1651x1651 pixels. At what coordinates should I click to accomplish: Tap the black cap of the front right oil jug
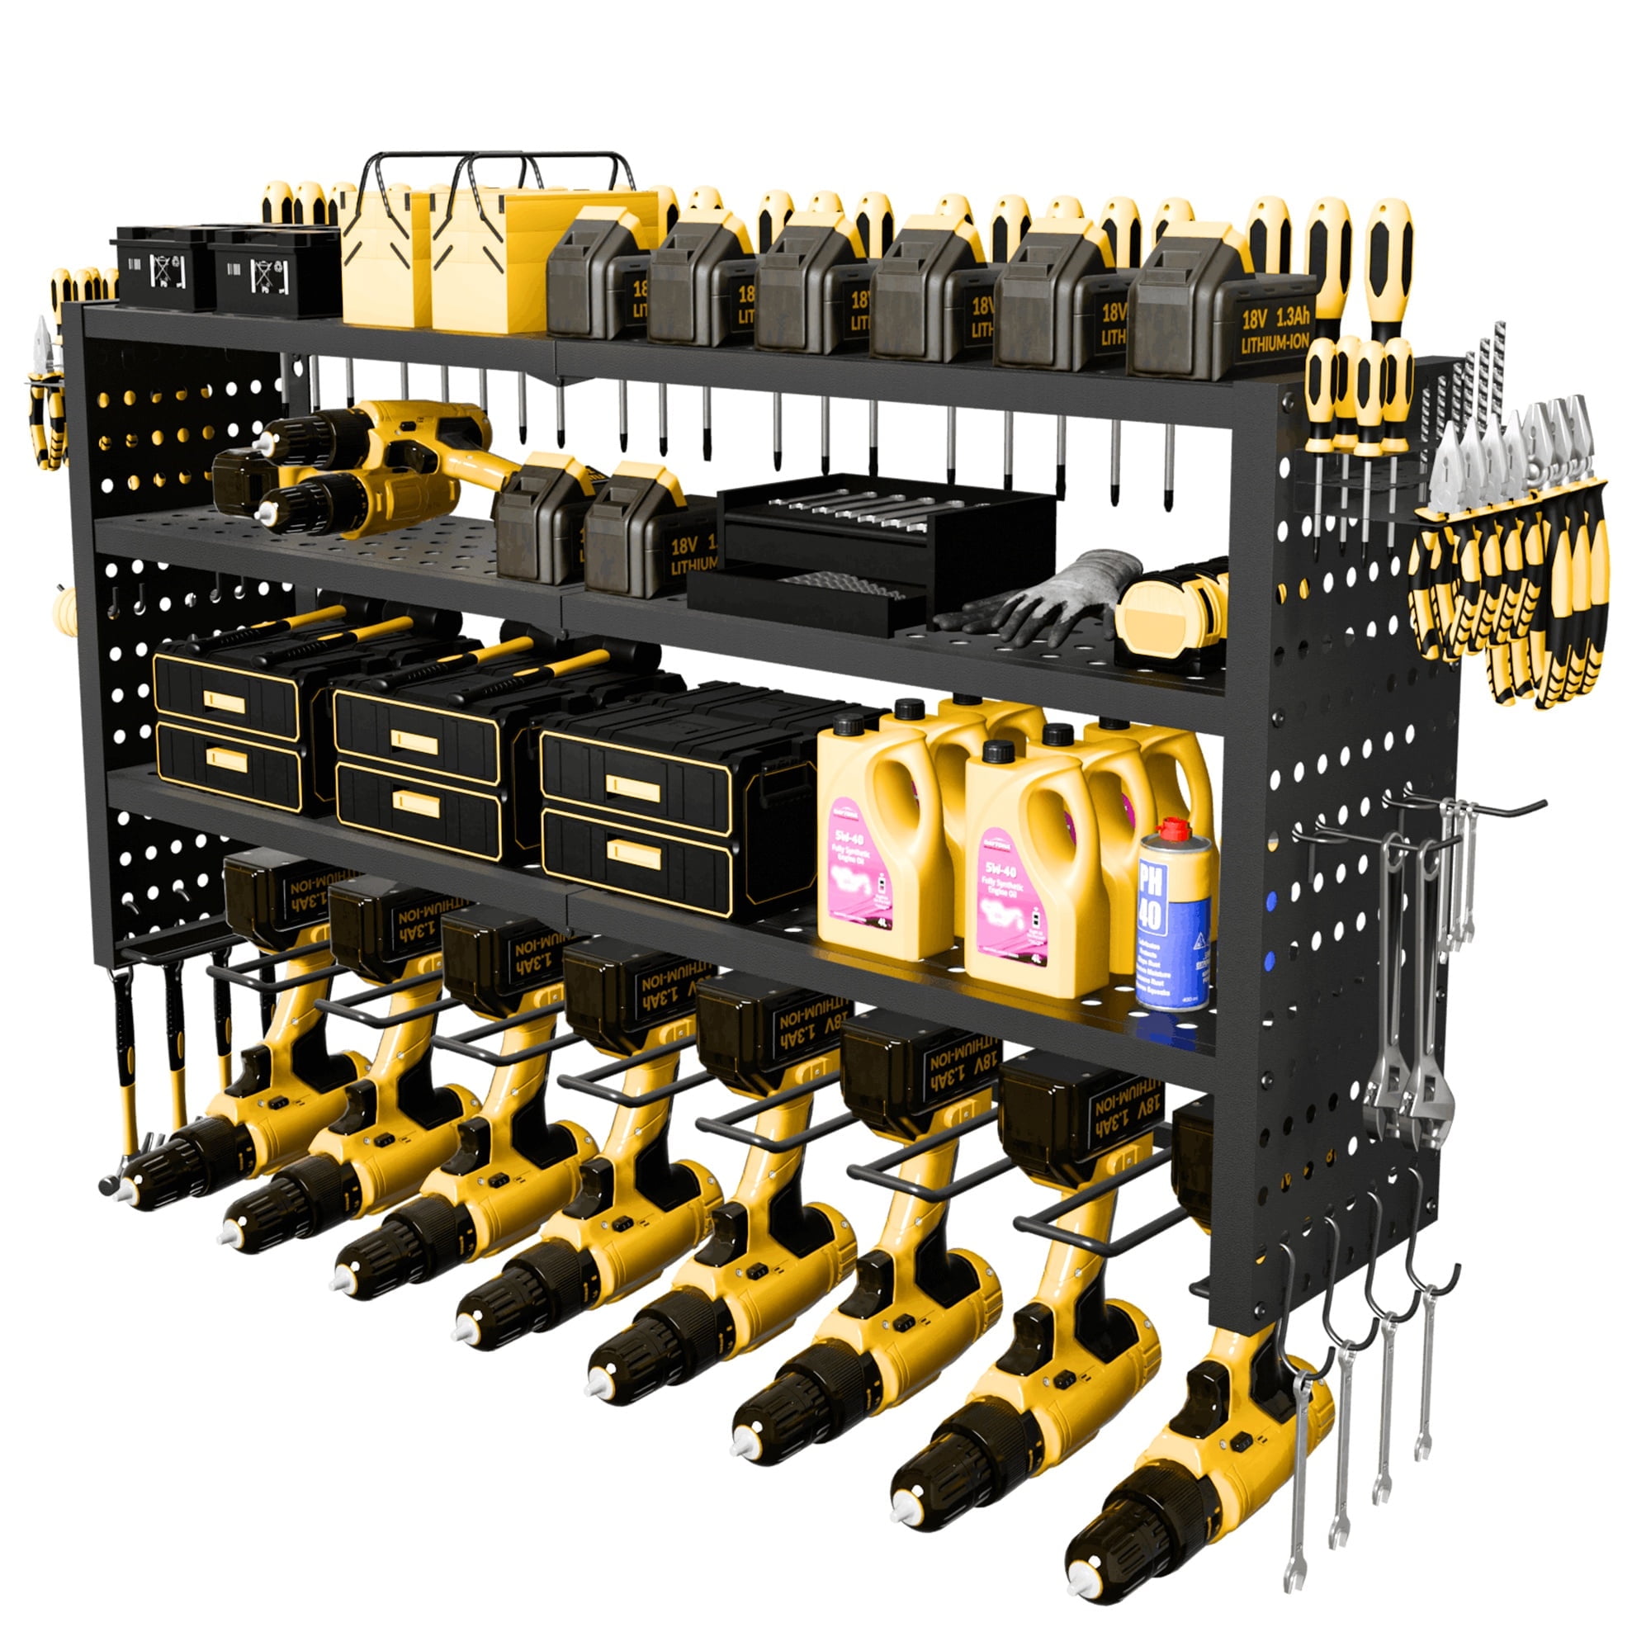click(x=996, y=751)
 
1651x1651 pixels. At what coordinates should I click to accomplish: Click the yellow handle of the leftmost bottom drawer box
click(x=225, y=759)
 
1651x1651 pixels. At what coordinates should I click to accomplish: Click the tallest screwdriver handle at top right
click(x=1387, y=248)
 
